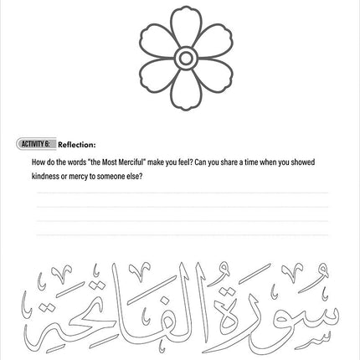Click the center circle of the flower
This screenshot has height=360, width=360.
point(185,57)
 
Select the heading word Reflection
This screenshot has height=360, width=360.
point(77,144)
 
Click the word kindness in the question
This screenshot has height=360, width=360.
point(45,177)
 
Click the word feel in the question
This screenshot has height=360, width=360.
point(172,162)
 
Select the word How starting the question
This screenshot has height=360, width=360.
point(38,162)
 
